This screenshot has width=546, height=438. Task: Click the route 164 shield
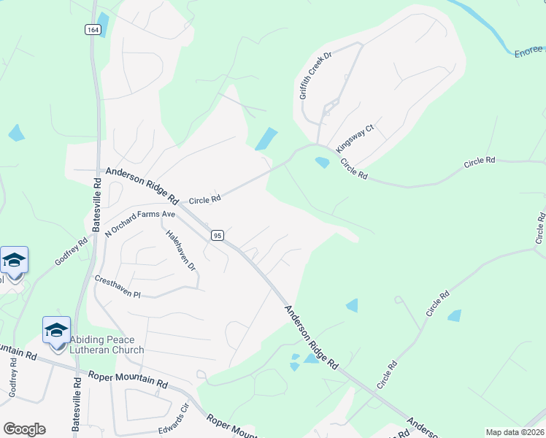click(93, 30)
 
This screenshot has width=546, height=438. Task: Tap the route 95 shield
click(217, 235)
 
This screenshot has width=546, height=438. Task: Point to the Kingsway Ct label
click(355, 138)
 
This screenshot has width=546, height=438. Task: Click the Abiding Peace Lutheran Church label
click(107, 345)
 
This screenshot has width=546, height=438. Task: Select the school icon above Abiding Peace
click(56, 329)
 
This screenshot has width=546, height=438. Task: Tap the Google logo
click(24, 429)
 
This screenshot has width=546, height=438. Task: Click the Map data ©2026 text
click(515, 432)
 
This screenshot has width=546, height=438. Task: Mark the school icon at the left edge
click(14, 259)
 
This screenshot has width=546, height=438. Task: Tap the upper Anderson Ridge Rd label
click(142, 185)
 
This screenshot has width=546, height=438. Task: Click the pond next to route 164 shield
click(102, 24)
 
